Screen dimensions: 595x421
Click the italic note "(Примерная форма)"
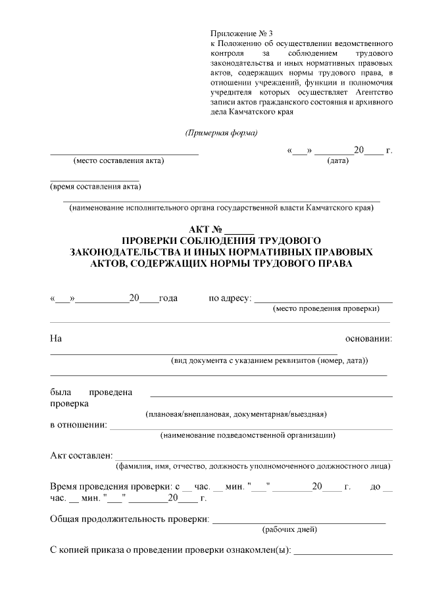pos(221,133)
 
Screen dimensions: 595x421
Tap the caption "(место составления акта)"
pos(118,160)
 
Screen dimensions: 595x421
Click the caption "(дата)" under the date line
pos(337,160)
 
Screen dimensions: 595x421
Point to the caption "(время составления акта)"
pos(95,187)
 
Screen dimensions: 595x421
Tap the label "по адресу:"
pos(230,298)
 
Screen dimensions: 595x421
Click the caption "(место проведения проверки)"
pos(326,308)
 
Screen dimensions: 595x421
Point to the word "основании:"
pos(368,339)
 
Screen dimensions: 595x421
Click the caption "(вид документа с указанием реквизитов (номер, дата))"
pos(269,361)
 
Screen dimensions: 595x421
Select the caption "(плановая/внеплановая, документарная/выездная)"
pos(235,414)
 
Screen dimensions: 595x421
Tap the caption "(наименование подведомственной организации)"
pos(247,435)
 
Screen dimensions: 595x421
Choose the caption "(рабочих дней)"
pos(290,529)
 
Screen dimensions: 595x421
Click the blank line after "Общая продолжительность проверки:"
pos(299,521)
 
